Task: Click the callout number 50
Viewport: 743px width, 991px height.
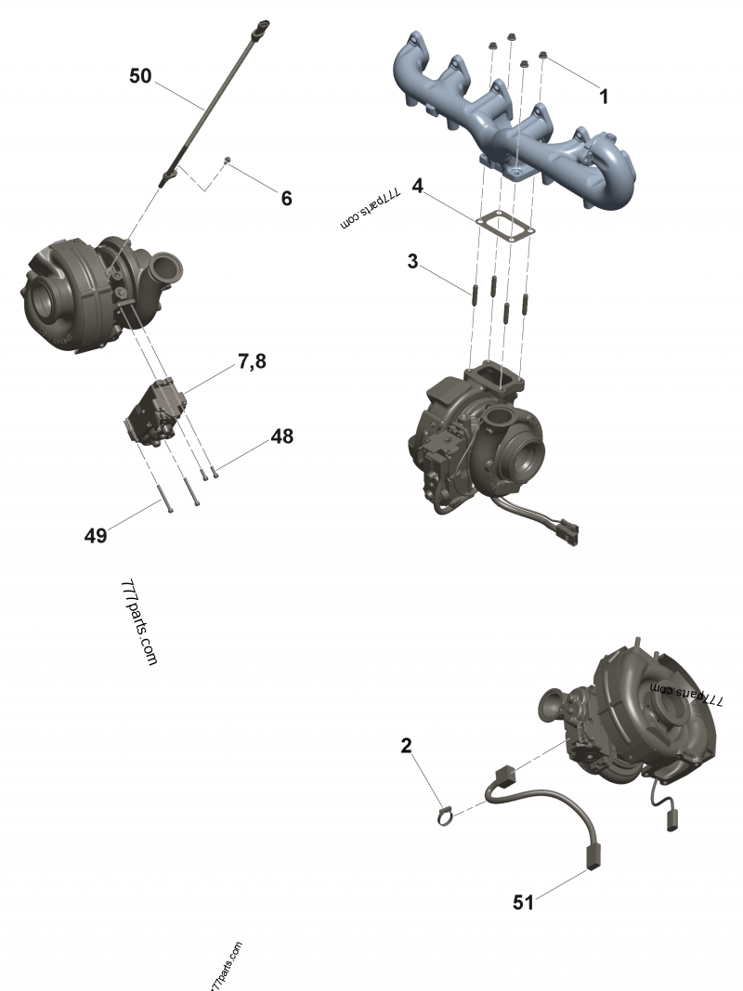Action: (140, 76)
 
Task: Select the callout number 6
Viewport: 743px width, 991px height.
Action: (286, 199)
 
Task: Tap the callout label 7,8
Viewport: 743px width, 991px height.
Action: (252, 361)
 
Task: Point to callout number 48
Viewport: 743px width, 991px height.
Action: (282, 437)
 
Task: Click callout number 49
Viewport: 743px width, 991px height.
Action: (96, 536)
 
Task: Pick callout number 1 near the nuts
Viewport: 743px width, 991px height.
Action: (604, 97)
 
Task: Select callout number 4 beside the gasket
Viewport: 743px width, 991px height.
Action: (418, 186)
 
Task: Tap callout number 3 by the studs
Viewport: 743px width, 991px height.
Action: (412, 261)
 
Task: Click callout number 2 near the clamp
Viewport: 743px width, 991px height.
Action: (406, 746)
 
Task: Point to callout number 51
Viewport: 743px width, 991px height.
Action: (523, 903)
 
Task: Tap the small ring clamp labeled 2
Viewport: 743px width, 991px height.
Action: (446, 816)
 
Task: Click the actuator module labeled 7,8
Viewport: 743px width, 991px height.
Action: (156, 412)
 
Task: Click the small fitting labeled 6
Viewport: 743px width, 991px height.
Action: (228, 161)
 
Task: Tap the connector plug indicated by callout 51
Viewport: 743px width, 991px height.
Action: (593, 856)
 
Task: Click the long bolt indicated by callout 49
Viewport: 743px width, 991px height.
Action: (166, 497)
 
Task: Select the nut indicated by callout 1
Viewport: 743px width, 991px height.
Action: (542, 57)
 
